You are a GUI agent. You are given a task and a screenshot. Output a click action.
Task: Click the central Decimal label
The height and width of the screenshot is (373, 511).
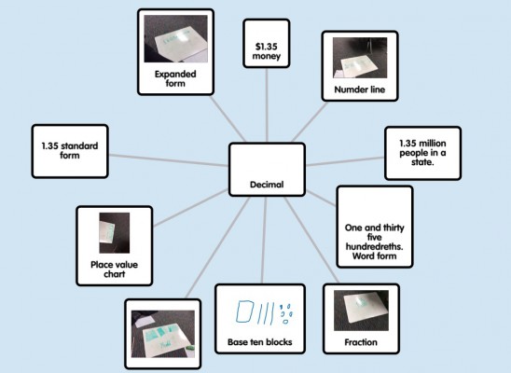click(x=267, y=185)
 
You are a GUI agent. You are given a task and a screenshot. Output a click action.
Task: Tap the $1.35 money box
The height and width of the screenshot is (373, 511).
click(x=267, y=43)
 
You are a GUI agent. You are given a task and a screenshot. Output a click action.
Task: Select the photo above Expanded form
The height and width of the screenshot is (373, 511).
click(x=175, y=39)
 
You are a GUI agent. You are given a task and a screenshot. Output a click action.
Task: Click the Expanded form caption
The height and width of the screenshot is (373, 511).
click(x=175, y=78)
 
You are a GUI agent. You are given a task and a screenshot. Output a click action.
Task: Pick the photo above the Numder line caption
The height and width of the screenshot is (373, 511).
click(x=360, y=58)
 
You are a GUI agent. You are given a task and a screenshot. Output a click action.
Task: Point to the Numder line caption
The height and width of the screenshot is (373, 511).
click(x=360, y=90)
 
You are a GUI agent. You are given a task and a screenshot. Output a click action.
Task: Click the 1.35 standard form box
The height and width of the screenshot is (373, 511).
click(x=70, y=151)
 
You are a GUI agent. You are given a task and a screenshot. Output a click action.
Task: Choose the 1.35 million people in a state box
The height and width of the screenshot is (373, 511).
click(x=422, y=153)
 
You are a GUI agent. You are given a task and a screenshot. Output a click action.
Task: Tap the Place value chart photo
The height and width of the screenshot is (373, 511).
click(x=115, y=233)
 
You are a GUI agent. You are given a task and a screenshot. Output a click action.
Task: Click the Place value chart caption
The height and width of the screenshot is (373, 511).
click(x=114, y=269)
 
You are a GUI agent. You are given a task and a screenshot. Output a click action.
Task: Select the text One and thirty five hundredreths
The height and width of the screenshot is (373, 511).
click(x=375, y=237)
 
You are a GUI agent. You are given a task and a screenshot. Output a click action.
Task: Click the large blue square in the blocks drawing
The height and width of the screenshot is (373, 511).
click(x=244, y=311)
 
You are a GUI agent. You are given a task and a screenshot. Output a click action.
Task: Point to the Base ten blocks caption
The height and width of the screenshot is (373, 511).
click(x=260, y=342)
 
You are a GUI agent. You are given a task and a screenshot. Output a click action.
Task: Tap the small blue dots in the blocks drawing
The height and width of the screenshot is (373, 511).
click(x=286, y=313)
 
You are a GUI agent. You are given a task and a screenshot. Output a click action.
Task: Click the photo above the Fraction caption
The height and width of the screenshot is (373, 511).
click(x=361, y=311)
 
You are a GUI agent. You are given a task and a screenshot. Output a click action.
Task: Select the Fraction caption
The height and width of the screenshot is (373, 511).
click(x=361, y=342)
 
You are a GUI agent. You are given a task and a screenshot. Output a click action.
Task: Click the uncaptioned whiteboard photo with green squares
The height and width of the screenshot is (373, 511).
click(x=163, y=334)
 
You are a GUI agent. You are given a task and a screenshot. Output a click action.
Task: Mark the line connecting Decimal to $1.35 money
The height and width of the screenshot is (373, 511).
click(x=267, y=105)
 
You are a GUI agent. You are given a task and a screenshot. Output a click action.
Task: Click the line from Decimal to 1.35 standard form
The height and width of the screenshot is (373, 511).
click(x=168, y=160)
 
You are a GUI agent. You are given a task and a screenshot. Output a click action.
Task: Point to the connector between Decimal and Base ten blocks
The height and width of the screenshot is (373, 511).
click(x=264, y=240)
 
